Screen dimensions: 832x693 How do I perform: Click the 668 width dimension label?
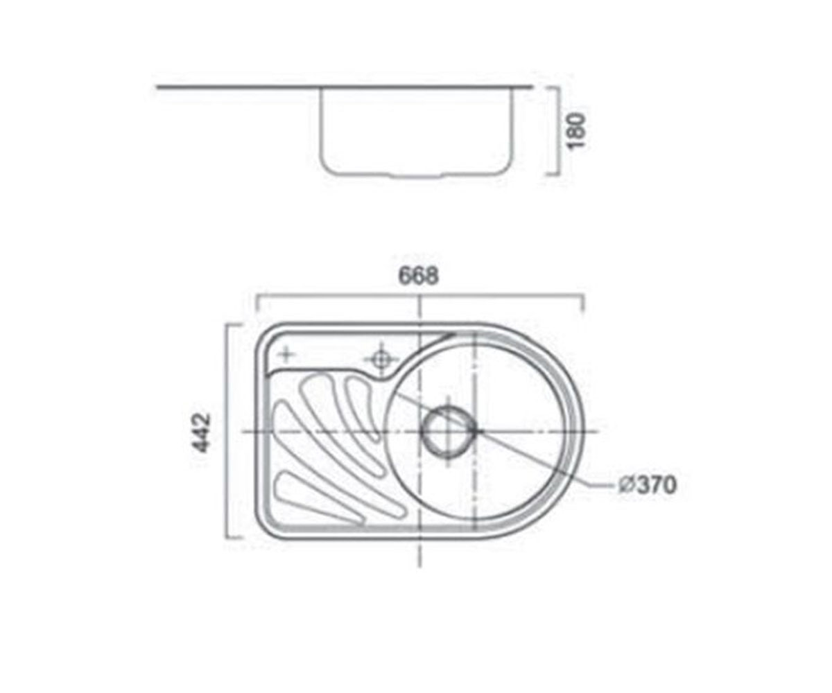click(x=419, y=276)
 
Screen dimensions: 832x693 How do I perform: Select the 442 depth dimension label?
click(x=202, y=433)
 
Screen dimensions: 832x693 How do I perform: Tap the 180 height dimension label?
click(x=577, y=131)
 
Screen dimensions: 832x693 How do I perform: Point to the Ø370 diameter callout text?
click(x=647, y=485)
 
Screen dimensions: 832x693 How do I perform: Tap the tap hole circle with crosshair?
click(x=381, y=360)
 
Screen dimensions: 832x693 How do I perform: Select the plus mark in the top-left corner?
click(x=286, y=353)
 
